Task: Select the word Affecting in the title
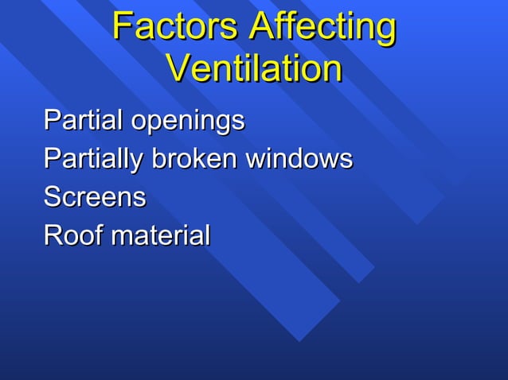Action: click(322, 29)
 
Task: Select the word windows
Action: click(299, 159)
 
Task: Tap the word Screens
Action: click(95, 197)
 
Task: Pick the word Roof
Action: click(72, 235)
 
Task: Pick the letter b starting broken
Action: click(158, 159)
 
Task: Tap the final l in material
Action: click(207, 235)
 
